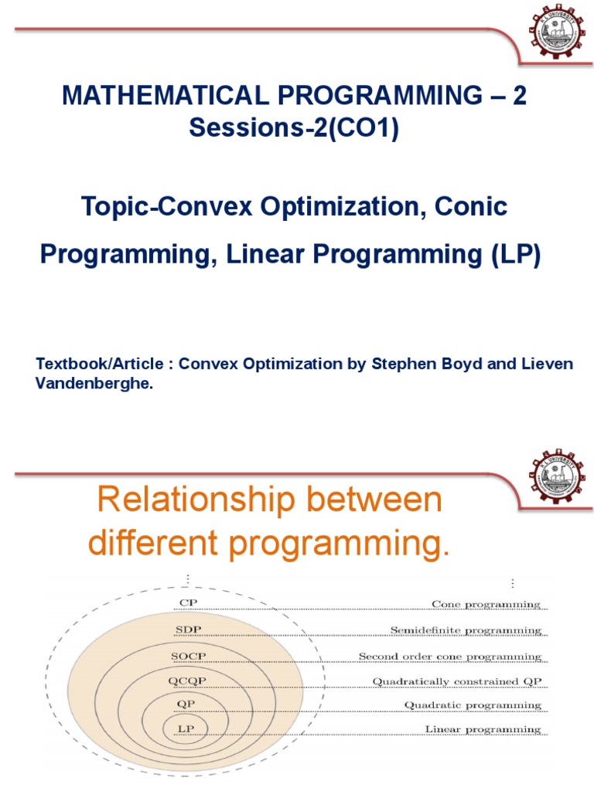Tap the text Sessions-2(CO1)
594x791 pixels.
tap(294, 129)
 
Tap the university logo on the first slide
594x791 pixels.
tap(555, 32)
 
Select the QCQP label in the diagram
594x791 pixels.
tap(188, 680)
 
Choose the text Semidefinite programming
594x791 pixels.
tap(466, 630)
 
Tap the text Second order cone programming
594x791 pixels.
tap(449, 657)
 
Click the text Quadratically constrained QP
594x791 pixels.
tap(457, 681)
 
